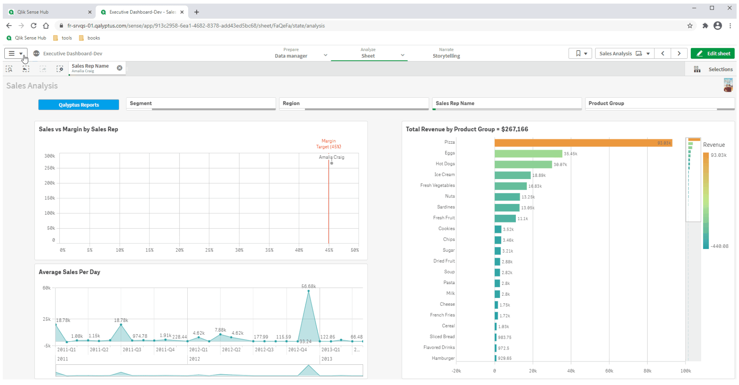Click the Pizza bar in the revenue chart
pyautogui.click(x=583, y=143)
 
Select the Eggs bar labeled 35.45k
pyautogui.click(x=528, y=154)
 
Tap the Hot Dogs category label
pyautogui.click(x=445, y=164)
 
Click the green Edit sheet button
pyautogui.click(x=713, y=53)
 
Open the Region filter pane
pyautogui.click(x=354, y=103)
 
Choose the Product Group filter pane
pyautogui.click(x=659, y=103)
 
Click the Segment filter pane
pyautogui.click(x=200, y=103)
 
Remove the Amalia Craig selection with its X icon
pyautogui.click(x=120, y=68)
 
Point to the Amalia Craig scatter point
pyautogui.click(x=332, y=163)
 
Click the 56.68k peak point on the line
pyautogui.click(x=309, y=291)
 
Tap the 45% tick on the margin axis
pyautogui.click(x=329, y=250)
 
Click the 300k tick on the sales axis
pyautogui.click(x=50, y=156)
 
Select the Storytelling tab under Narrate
pyautogui.click(x=446, y=56)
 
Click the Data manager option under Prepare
pyautogui.click(x=291, y=56)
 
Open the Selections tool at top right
pyautogui.click(x=713, y=69)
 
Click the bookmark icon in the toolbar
pyautogui.click(x=578, y=53)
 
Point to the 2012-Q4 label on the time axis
pyautogui.click(x=297, y=349)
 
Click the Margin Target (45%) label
pyautogui.click(x=328, y=144)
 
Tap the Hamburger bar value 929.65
pyautogui.click(x=505, y=358)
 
